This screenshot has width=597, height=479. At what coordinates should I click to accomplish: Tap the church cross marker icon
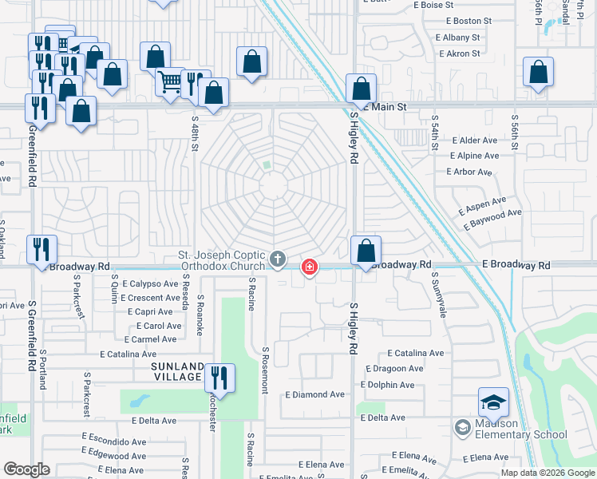pos(278,259)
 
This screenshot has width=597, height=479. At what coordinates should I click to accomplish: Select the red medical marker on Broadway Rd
pos(308,267)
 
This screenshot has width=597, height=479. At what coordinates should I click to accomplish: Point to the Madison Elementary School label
pos(511,430)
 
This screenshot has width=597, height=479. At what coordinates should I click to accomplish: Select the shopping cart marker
pos(170,82)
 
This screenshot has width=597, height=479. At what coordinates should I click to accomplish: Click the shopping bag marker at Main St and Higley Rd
pos(361,89)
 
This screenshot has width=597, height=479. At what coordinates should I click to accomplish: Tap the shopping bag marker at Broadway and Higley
pos(366,251)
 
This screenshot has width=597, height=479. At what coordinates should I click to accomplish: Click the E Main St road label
pos(386,106)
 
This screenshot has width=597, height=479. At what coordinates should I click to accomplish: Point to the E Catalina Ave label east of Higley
pos(415,353)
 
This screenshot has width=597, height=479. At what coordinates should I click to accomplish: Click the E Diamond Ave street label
pos(315,394)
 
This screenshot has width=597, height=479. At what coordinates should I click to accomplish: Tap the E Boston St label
pos(458,21)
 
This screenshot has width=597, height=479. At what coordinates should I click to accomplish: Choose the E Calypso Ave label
pos(150,283)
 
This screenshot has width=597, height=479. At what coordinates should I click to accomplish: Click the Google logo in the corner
pos(26,469)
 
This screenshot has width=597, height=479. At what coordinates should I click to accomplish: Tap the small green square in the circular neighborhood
pos(267,166)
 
